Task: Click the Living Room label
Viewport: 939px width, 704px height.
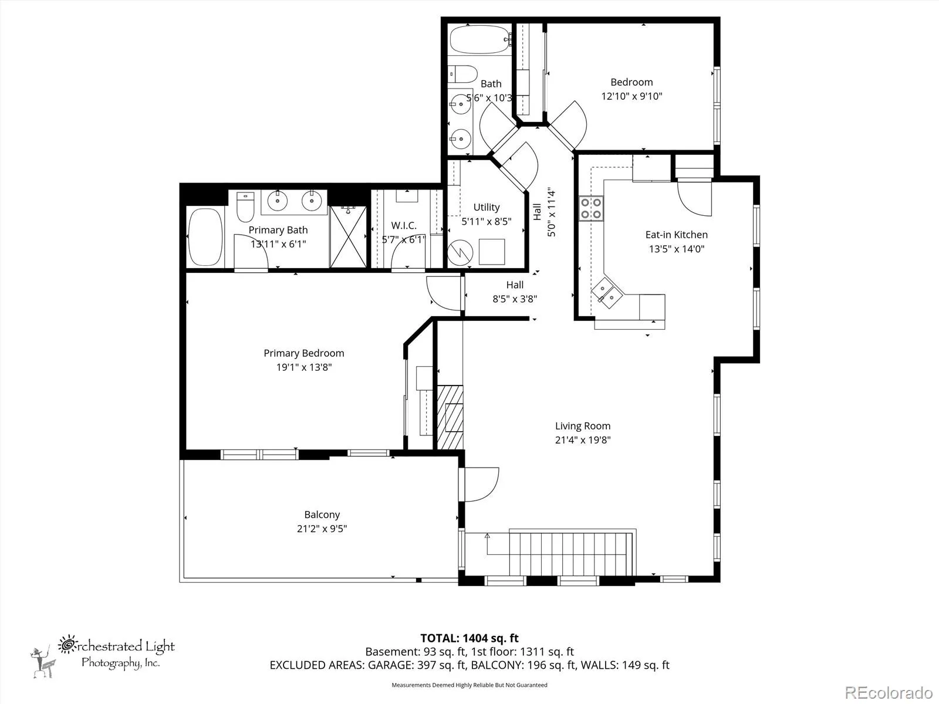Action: pyautogui.click(x=583, y=426)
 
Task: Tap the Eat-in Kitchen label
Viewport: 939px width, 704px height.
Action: pyautogui.click(x=676, y=235)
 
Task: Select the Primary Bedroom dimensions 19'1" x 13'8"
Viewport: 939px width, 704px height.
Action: pyautogui.click(x=304, y=367)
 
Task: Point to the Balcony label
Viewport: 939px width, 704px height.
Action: pyautogui.click(x=322, y=515)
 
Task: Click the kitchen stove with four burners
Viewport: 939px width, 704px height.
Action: pyautogui.click(x=591, y=209)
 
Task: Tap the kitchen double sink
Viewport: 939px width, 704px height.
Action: pyautogui.click(x=607, y=293)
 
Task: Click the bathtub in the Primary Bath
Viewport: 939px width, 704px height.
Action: pyautogui.click(x=205, y=237)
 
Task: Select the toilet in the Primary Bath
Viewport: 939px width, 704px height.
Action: pyautogui.click(x=245, y=207)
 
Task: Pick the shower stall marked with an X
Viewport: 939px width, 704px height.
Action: pyautogui.click(x=349, y=237)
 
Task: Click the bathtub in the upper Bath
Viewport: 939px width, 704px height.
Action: pyautogui.click(x=481, y=39)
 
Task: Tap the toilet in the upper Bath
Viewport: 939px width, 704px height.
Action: pyautogui.click(x=463, y=74)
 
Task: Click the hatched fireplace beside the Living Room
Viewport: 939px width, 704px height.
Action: pyautogui.click(x=450, y=417)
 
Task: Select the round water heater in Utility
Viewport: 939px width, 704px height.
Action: pyautogui.click(x=460, y=253)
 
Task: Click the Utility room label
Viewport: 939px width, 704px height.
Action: pyautogui.click(x=487, y=207)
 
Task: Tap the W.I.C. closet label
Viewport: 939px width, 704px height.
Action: pyautogui.click(x=404, y=225)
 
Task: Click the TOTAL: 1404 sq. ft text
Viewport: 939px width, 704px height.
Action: pyautogui.click(x=469, y=638)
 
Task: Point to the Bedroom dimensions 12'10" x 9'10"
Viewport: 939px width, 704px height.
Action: pyautogui.click(x=632, y=96)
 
